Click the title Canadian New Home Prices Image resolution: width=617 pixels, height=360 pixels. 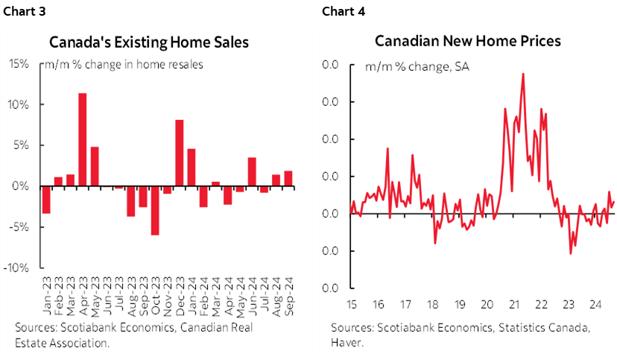[467, 40]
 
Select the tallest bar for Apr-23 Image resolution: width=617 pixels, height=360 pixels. [83, 139]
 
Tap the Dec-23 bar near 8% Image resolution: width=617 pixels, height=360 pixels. [179, 153]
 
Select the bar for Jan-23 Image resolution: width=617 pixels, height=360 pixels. [46, 199]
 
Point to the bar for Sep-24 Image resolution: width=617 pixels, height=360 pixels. [288, 178]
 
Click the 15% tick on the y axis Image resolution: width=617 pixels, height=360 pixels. [19, 64]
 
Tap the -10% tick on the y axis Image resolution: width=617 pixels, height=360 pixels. [17, 268]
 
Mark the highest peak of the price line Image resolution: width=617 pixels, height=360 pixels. [523, 74]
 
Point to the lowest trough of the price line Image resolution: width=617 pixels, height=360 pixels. [571, 253]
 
